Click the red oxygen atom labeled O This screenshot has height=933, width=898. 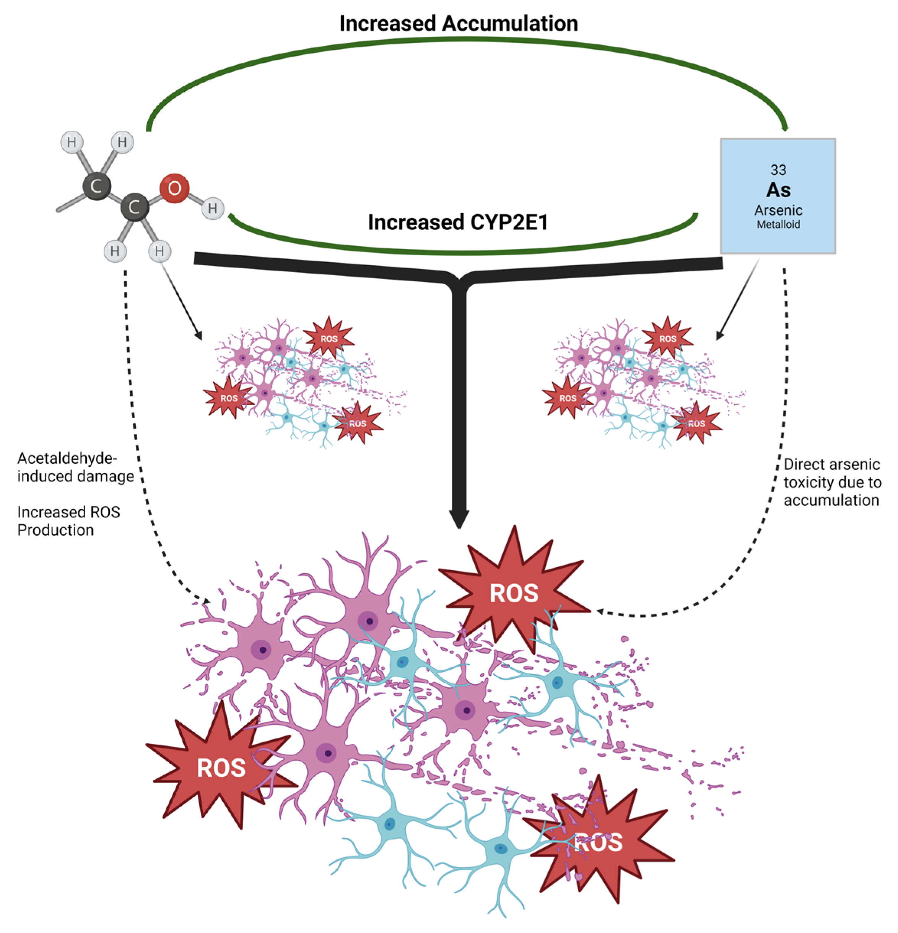pyautogui.click(x=174, y=188)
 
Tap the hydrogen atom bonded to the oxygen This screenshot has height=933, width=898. pyautogui.click(x=213, y=208)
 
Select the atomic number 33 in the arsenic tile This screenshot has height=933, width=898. pyautogui.click(x=778, y=170)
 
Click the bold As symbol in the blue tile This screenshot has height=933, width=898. pyautogui.click(x=778, y=190)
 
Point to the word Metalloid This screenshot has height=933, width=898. pyautogui.click(x=778, y=224)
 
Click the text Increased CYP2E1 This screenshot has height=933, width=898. pyautogui.click(x=458, y=222)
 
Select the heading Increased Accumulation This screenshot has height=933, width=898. pyautogui.click(x=458, y=23)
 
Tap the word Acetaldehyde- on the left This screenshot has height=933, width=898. pyautogui.click(x=67, y=458)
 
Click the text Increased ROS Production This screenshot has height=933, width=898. pyautogui.click(x=68, y=521)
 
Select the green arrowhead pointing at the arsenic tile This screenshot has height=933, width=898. pyautogui.click(x=784, y=128)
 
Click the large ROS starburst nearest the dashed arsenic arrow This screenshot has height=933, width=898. pyautogui.click(x=514, y=593)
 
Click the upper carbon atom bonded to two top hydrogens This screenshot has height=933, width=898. pyautogui.click(x=97, y=186)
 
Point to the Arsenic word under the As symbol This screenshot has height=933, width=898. pyautogui.click(x=778, y=210)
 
